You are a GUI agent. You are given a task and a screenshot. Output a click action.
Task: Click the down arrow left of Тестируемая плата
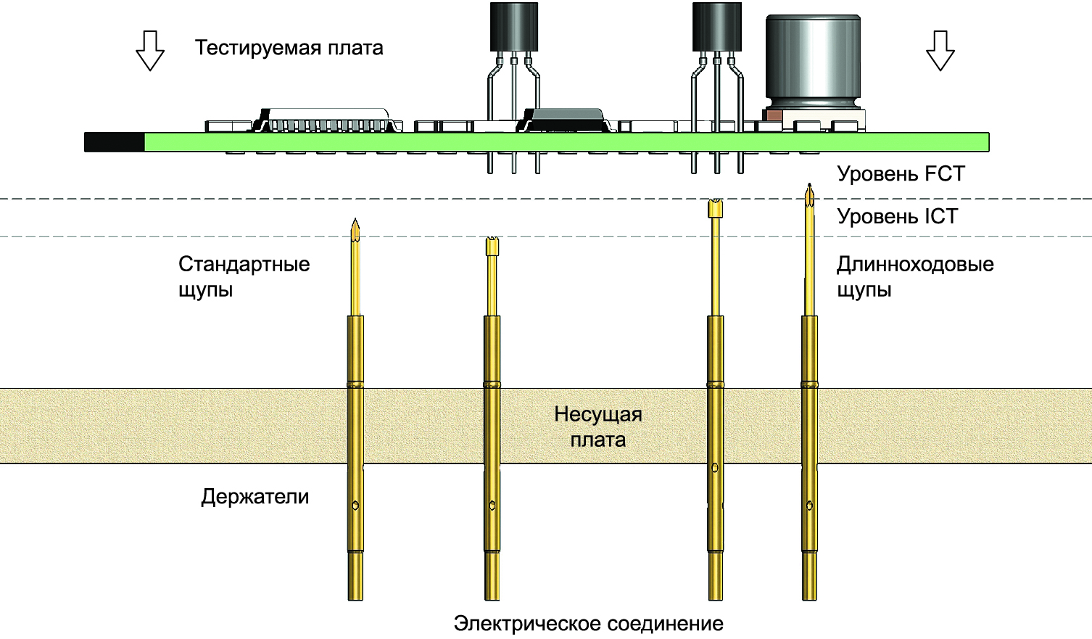coord(150,50)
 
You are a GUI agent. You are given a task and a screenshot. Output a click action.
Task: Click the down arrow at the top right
coord(940,50)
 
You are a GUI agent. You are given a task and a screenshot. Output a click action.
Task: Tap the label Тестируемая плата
coord(289,48)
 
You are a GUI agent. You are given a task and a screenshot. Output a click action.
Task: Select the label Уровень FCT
coord(901,174)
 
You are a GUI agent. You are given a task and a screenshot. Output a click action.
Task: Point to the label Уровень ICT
coord(897,216)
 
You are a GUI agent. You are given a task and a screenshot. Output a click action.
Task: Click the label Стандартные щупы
coord(244,276)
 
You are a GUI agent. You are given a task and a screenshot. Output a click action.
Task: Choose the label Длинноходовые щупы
coord(914,276)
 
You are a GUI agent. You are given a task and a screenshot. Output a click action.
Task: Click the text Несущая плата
coord(598,426)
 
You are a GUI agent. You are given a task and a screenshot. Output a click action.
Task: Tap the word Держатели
coord(255,497)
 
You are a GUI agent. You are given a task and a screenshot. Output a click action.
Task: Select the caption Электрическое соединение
coord(588,624)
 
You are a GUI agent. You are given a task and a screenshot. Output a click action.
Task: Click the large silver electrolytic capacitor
coord(814,62)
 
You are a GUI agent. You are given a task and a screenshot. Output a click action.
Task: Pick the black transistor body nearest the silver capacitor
coord(717,26)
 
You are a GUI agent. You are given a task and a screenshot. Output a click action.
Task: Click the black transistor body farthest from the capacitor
coord(514,26)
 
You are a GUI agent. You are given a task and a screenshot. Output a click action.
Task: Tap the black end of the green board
coord(115,142)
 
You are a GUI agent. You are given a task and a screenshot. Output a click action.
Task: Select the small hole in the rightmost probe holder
coord(809,506)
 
